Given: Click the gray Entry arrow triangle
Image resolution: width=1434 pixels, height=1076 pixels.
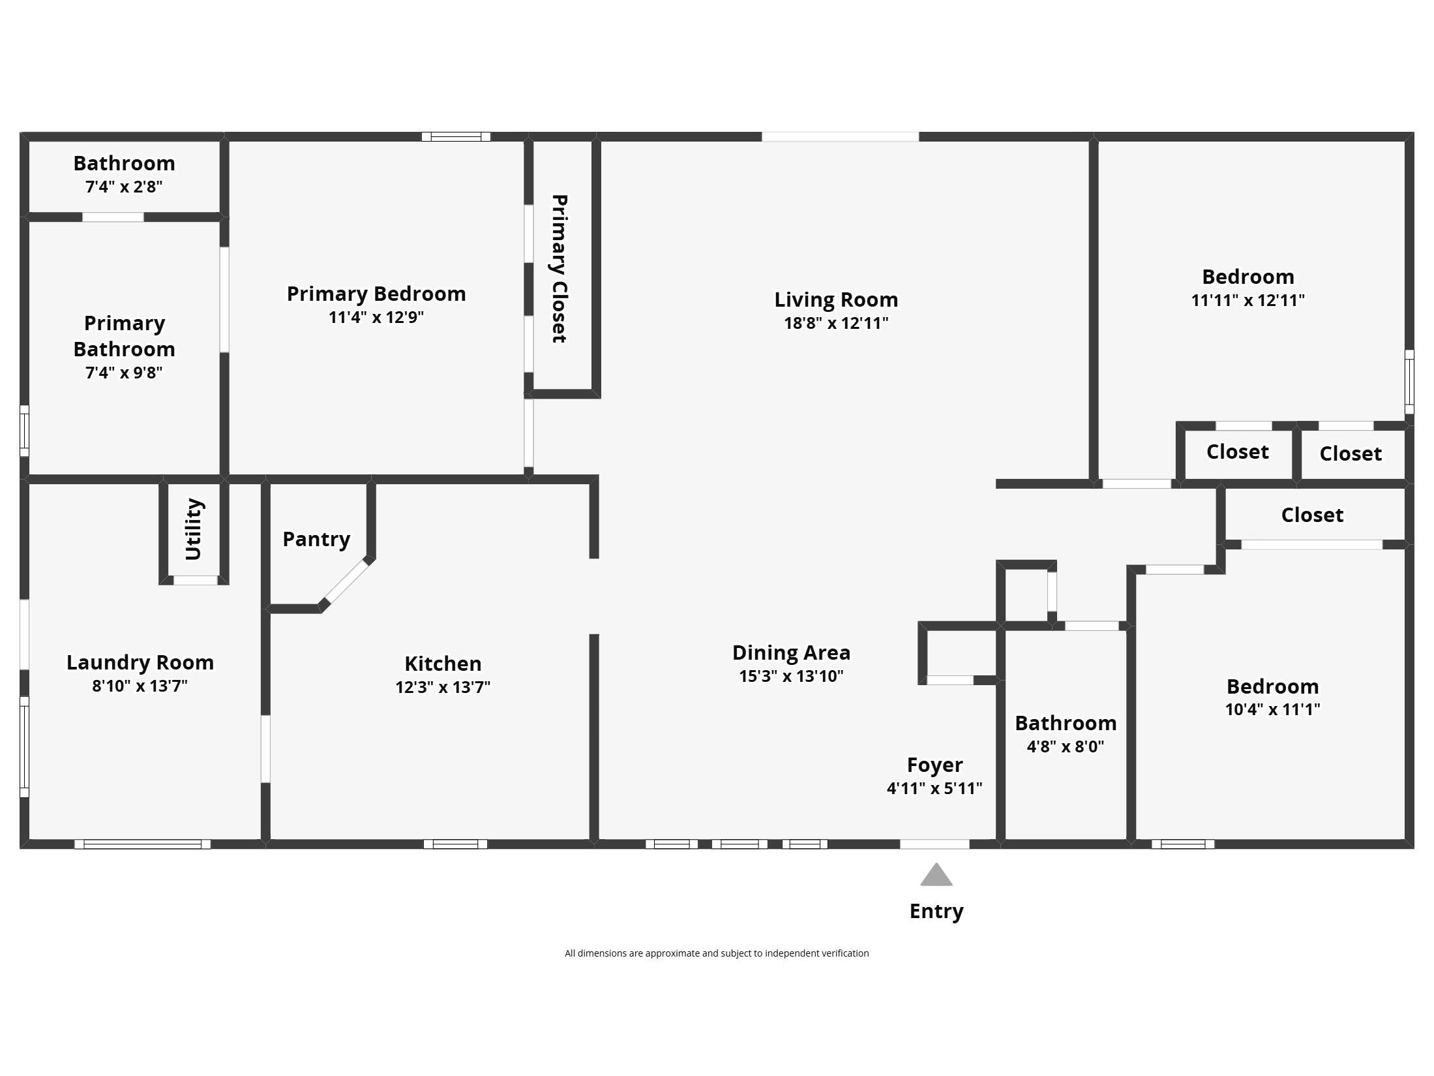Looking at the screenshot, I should tap(936, 876).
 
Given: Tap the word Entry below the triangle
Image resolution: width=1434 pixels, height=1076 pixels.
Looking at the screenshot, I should tap(936, 911).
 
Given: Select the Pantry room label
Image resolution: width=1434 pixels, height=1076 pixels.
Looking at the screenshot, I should tap(316, 539).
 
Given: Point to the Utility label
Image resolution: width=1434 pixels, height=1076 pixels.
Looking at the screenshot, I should tap(194, 529).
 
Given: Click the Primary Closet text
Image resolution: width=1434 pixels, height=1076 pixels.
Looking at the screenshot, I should tap(560, 269).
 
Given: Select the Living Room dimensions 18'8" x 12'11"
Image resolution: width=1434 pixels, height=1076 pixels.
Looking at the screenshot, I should tap(835, 323).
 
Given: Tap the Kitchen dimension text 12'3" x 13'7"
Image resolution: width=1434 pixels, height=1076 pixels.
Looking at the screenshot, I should tap(442, 687).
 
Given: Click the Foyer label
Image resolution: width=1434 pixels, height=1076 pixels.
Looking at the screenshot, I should tap(934, 765).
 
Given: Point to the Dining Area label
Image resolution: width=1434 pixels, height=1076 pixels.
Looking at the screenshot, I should tap(791, 653).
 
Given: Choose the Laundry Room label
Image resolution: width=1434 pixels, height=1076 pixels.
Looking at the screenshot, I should tap(140, 662).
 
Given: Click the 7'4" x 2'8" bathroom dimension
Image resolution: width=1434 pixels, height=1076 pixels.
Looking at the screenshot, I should tap(124, 187).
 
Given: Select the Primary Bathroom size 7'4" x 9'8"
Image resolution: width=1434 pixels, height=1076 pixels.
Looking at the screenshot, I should tap(124, 373).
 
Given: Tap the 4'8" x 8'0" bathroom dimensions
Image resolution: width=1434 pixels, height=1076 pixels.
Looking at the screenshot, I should tap(1065, 746).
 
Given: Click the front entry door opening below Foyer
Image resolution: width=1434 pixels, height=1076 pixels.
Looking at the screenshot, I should tap(934, 844).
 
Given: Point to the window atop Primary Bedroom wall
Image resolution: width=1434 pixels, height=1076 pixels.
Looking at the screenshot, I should tap(456, 137).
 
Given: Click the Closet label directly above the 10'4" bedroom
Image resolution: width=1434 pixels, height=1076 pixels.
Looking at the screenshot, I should tap(1312, 515).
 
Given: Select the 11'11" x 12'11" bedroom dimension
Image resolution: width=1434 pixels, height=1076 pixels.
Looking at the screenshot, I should tap(1247, 300).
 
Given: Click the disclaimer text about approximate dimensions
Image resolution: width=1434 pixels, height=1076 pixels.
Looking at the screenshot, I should tap(716, 953).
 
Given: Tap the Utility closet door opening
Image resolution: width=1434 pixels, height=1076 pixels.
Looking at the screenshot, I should tap(195, 580).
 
